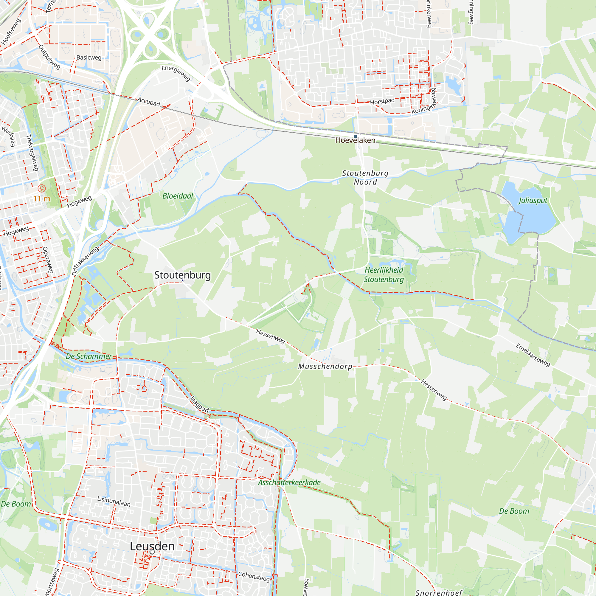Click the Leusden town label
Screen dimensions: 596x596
[x=152, y=546]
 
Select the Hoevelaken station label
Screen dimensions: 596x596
[x=355, y=140]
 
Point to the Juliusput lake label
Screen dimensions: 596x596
[x=533, y=200]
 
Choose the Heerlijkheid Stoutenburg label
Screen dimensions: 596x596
[x=384, y=274]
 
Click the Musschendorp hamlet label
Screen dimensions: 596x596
[x=325, y=366]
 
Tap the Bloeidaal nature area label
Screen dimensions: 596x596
[x=178, y=196]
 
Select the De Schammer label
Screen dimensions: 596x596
[x=89, y=356]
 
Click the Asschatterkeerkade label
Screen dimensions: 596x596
[x=289, y=482]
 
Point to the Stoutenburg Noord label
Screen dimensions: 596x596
[x=365, y=177]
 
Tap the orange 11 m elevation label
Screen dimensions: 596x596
[x=42, y=199]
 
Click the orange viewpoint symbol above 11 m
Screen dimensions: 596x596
[x=42, y=188]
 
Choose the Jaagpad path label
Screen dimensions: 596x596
[x=199, y=404]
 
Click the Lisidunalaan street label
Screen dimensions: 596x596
[x=114, y=501]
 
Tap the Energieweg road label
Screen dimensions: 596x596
[x=176, y=73]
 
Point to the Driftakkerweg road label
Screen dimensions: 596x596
[x=86, y=261]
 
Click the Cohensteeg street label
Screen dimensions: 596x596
[x=254, y=576]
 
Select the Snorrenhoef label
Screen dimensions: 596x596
[x=439, y=592]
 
